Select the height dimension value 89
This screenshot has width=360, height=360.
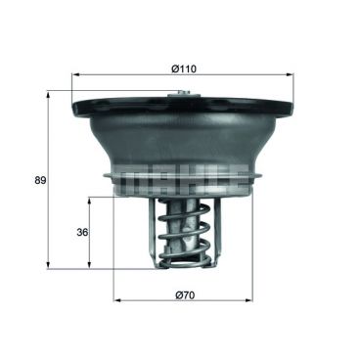pos(39,180)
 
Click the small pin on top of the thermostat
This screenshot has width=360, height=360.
pos(178,94)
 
